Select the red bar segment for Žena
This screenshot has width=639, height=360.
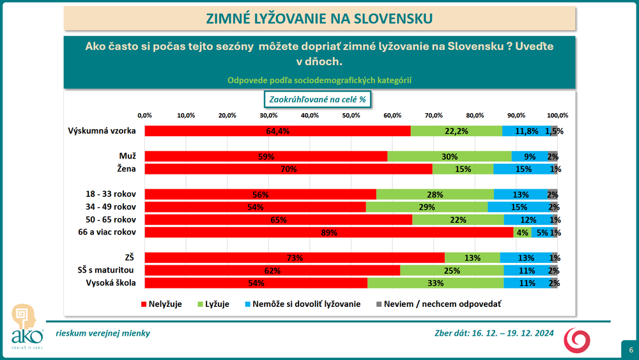coord(288,169)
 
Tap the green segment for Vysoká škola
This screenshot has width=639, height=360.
coord(435,283)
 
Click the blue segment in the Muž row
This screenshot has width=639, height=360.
coord(529,156)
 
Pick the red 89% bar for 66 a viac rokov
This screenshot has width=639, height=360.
coord(329,233)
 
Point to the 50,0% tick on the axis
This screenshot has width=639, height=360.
coord(351,115)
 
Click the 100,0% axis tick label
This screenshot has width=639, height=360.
coord(558,115)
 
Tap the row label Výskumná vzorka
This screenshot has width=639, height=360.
coord(102,131)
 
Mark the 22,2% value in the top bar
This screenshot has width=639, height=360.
coord(456,131)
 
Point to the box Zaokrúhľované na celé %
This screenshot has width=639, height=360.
coord(318,100)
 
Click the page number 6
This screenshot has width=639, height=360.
coord(631,350)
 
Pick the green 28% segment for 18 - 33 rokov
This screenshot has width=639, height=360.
coord(435,194)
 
